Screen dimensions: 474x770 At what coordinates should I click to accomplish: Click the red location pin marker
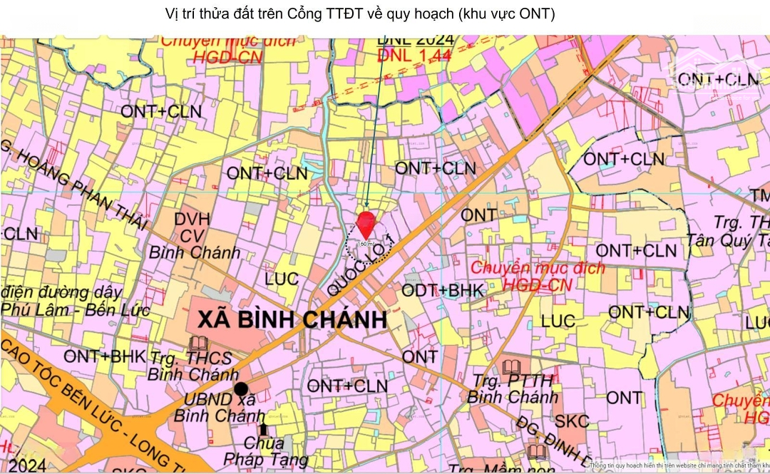click(365, 222)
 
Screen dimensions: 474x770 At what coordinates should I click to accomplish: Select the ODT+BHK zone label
click(443, 290)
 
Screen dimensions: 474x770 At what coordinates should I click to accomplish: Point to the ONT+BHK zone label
click(104, 356)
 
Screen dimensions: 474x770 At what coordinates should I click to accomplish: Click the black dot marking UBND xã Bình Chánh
click(241, 389)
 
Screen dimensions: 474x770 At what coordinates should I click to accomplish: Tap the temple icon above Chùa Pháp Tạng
click(264, 429)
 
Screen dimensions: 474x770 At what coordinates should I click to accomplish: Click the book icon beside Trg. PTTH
click(510, 369)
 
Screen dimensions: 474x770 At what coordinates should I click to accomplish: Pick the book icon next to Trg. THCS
click(197, 344)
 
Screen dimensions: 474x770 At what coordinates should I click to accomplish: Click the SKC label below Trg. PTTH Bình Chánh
click(572, 421)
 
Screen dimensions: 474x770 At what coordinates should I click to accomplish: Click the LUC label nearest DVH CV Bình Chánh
click(282, 279)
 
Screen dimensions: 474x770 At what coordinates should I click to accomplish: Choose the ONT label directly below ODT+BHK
click(420, 356)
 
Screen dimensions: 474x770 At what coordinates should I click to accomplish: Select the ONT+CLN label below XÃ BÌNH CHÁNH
click(347, 386)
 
